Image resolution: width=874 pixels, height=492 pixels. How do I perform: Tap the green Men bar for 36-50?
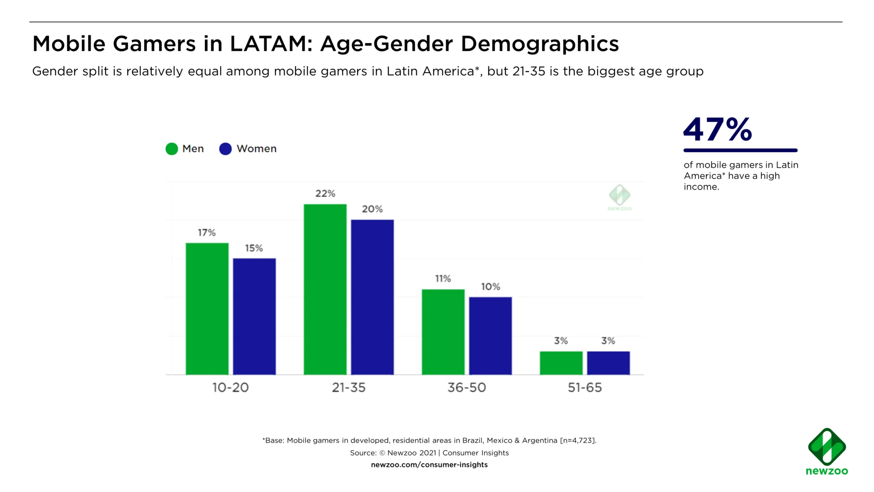(x=443, y=332)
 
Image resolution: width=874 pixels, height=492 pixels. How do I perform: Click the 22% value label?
(x=325, y=193)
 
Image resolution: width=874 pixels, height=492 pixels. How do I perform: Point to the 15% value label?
(x=254, y=248)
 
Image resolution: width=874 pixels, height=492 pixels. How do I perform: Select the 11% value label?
(x=443, y=278)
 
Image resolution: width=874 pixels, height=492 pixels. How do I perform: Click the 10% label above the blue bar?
(x=490, y=287)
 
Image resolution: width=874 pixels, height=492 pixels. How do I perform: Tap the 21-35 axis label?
(x=349, y=387)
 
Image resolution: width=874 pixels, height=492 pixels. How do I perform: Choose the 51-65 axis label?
(x=585, y=387)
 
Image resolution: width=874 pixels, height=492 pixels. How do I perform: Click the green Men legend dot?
(x=172, y=149)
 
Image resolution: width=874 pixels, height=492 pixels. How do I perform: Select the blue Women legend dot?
(x=225, y=149)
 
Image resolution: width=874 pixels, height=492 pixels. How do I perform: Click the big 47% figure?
(x=718, y=129)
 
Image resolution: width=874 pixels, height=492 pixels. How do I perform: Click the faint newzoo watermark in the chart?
(x=619, y=198)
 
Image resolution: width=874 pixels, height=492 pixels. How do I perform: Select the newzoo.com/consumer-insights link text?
(x=429, y=465)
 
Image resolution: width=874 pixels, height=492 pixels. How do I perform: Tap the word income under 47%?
(x=701, y=187)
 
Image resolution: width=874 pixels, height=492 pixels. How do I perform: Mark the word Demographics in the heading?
(x=539, y=44)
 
